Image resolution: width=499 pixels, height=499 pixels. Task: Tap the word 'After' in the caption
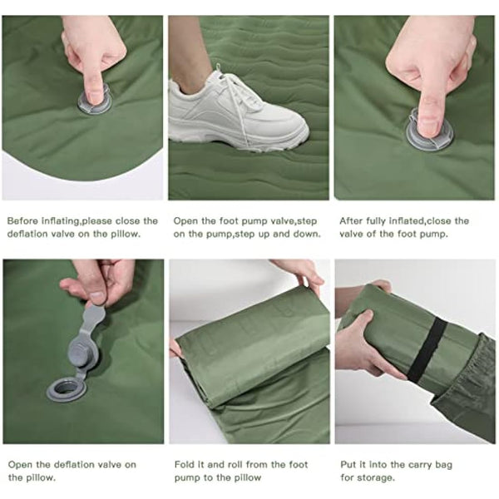[x=353, y=221]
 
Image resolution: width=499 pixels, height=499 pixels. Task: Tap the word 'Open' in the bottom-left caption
[x=21, y=465]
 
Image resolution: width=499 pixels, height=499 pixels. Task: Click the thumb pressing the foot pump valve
[x=427, y=108]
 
